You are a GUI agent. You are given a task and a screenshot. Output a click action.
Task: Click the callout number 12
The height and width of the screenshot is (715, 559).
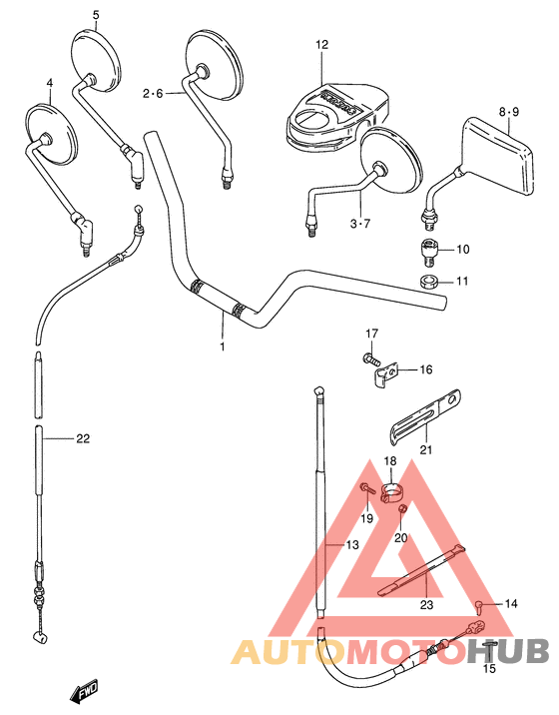[321, 45]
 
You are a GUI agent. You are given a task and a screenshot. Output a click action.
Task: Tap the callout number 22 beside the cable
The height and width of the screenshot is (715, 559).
[82, 438]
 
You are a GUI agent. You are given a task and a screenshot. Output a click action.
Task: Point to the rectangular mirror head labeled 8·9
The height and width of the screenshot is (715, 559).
[495, 158]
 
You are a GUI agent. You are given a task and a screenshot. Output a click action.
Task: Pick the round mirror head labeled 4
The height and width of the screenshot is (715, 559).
[49, 134]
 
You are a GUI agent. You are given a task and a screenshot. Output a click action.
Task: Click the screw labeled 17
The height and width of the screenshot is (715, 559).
[371, 356]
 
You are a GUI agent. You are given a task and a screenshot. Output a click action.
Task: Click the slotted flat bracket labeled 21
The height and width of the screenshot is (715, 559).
[422, 414]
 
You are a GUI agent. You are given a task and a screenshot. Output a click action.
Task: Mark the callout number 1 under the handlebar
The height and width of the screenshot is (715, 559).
[223, 347]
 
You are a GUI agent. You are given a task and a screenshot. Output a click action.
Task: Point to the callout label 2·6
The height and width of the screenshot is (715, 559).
[152, 94]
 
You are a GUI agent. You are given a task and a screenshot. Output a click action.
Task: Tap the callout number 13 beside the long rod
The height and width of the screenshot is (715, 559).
[350, 545]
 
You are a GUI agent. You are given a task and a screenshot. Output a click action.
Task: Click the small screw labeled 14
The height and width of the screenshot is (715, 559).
[480, 604]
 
